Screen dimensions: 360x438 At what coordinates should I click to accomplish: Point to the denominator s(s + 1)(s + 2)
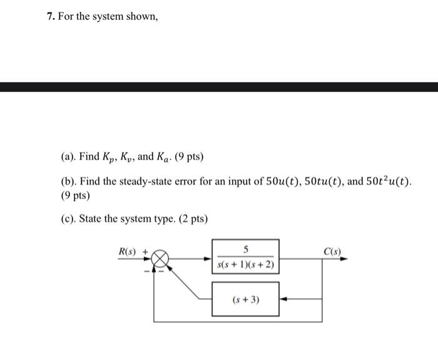(x=246, y=266)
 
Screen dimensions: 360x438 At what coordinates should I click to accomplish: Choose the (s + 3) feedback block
(x=246, y=300)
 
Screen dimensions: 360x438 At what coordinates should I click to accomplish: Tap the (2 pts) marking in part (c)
(x=193, y=219)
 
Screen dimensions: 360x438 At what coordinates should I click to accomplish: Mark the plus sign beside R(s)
(x=146, y=251)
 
